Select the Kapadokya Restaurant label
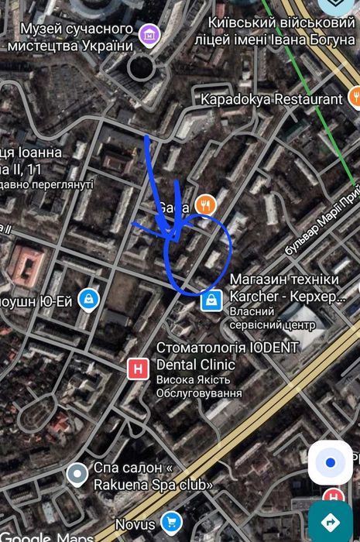(x=271, y=99)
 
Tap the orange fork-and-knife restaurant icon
(x=205, y=204)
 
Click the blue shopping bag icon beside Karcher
(x=209, y=300)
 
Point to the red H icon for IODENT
(x=138, y=369)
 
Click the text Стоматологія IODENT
(x=227, y=347)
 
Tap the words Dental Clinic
(x=196, y=364)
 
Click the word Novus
(x=135, y=524)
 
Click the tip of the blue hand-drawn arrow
(x=172, y=236)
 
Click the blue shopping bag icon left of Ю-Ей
(x=91, y=298)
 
